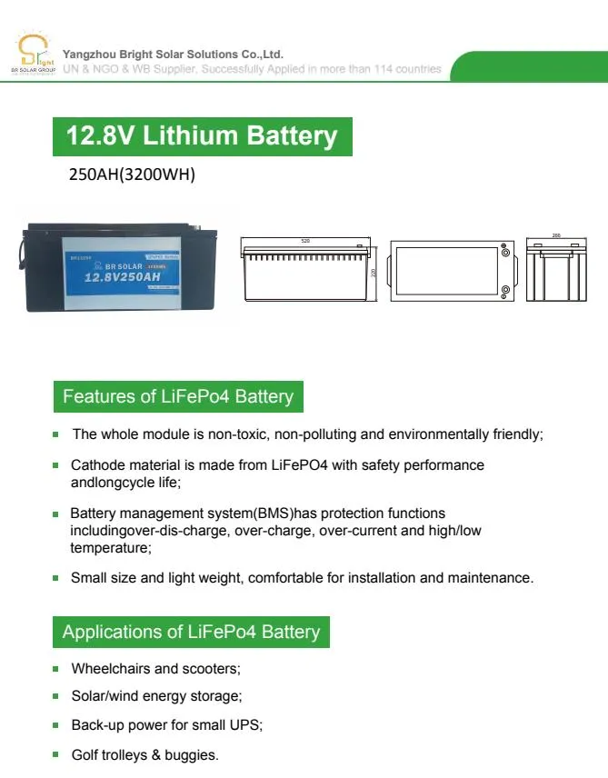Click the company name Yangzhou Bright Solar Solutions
(x=172, y=54)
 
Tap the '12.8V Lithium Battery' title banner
(x=201, y=136)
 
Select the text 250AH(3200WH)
(x=132, y=175)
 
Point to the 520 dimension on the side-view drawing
(x=306, y=241)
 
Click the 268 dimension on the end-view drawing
(x=556, y=235)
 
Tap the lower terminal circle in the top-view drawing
(x=504, y=291)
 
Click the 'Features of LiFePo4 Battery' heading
(x=178, y=397)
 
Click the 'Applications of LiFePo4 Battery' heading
(x=192, y=632)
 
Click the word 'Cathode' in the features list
(x=95, y=464)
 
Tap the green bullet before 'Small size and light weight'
(x=56, y=578)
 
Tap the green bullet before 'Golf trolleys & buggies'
(x=56, y=755)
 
